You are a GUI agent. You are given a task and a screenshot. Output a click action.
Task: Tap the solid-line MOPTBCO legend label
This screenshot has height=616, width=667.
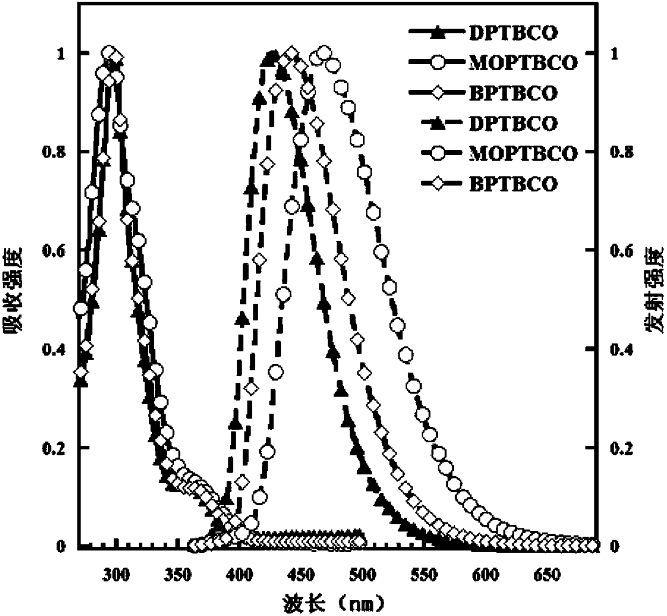[523, 63]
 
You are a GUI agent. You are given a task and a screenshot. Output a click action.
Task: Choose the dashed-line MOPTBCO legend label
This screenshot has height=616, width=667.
[523, 153]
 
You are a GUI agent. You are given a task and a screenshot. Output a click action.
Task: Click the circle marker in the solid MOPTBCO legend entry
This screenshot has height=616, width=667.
[438, 63]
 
